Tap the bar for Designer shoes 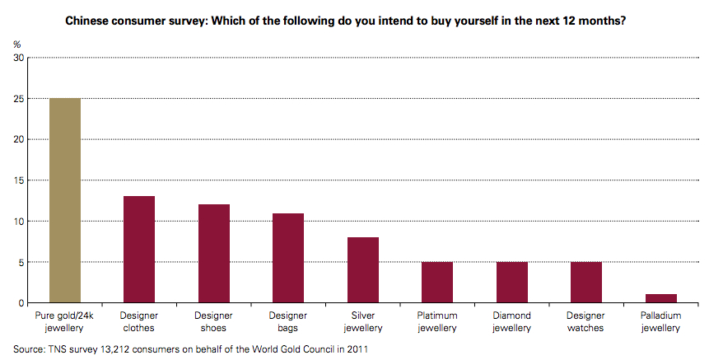click(214, 253)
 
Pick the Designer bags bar click(288, 257)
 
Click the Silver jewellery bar click(363, 269)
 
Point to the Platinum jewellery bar click(437, 282)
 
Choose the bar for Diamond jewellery click(512, 282)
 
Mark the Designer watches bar click(586, 282)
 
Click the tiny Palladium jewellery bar click(661, 298)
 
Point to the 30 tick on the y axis click(19, 58)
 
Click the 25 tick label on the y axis click(19, 99)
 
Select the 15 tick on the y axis click(19, 180)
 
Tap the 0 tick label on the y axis click(21, 303)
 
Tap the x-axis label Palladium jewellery click(661, 321)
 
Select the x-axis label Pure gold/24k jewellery click(65, 321)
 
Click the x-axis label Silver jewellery click(363, 321)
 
